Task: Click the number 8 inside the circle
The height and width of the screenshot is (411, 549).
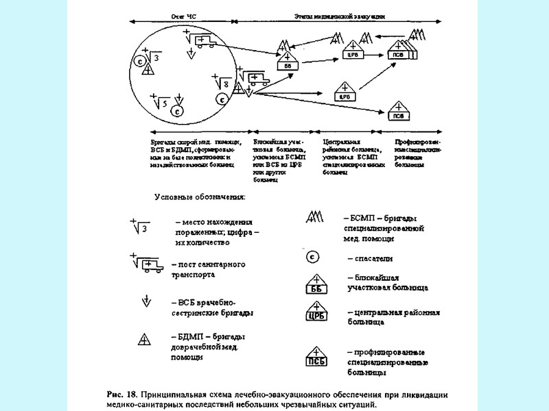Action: pyautogui.click(x=226, y=84)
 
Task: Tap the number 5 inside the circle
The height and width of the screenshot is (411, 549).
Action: pyautogui.click(x=165, y=103)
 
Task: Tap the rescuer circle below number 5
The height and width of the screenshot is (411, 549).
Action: pyautogui.click(x=176, y=110)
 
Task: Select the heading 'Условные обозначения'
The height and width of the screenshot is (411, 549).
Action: pyautogui.click(x=198, y=197)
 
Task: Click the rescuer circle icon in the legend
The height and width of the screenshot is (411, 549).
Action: pyautogui.click(x=312, y=257)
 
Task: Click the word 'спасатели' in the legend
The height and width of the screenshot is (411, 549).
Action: pyautogui.click(x=371, y=258)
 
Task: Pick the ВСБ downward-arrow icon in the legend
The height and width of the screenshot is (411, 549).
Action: pyautogui.click(x=145, y=301)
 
